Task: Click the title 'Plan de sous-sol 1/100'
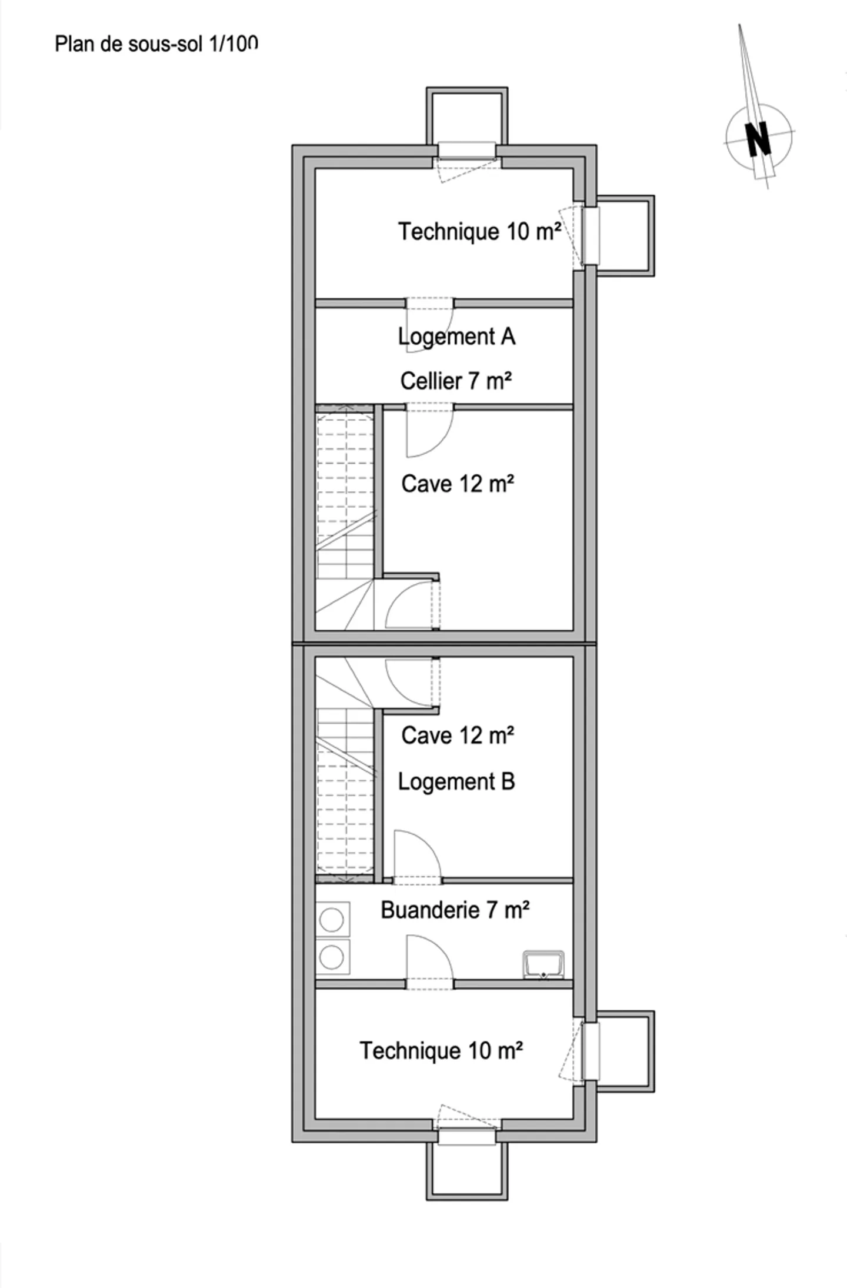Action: click(x=156, y=44)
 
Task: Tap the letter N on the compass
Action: click(x=758, y=139)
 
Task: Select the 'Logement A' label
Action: click(x=456, y=337)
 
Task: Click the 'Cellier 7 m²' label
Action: click(x=456, y=381)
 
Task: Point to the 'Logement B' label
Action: click(x=456, y=782)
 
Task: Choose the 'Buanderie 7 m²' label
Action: click(x=455, y=910)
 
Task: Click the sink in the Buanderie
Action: click(x=543, y=965)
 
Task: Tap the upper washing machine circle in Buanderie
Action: click(x=332, y=920)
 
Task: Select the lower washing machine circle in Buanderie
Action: click(x=332, y=957)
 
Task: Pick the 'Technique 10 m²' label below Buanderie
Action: click(x=441, y=1051)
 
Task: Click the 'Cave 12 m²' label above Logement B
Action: click(x=458, y=735)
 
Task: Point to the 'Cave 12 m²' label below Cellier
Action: click(x=458, y=484)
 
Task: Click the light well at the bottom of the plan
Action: click(x=467, y=1171)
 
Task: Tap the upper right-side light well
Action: click(x=625, y=235)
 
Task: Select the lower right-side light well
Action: click(x=625, y=1051)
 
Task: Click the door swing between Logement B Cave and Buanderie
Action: click(x=415, y=856)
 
